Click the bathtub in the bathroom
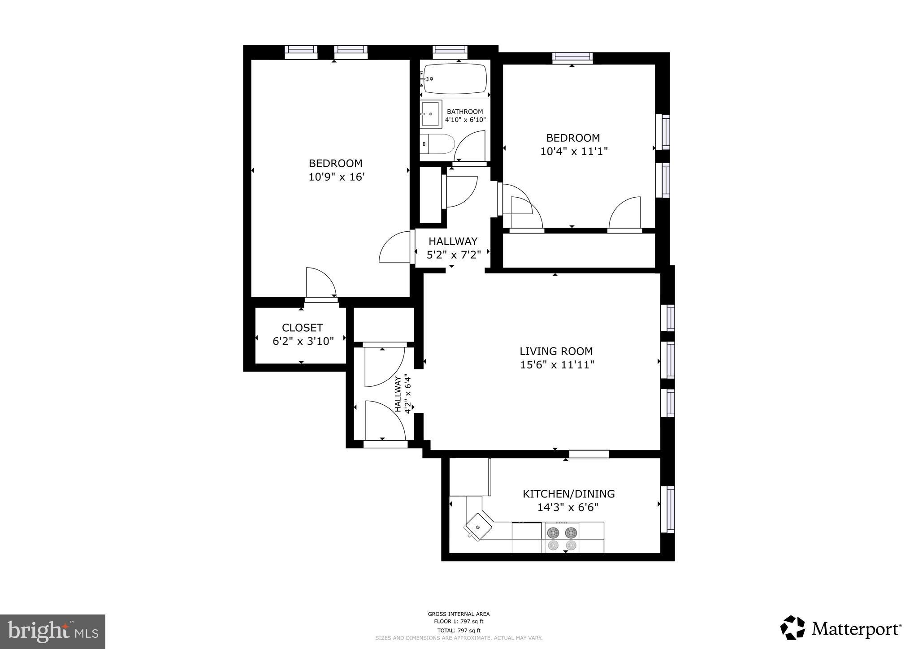pyautogui.click(x=455, y=79)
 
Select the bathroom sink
pyautogui.click(x=431, y=114)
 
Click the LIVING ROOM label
pyautogui.click(x=556, y=351)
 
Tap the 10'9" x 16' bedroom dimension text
pyautogui.click(x=336, y=177)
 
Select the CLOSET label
pyautogui.click(x=302, y=328)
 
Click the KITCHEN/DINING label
pyautogui.click(x=568, y=494)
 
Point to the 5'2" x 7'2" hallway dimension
pyautogui.click(x=453, y=255)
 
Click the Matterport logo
pyautogui.click(x=841, y=629)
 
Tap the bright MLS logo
pyautogui.click(x=52, y=632)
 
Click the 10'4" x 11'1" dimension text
pyautogui.click(x=573, y=151)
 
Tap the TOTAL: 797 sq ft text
pyautogui.click(x=459, y=631)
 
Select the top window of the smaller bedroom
pyautogui.click(x=572, y=57)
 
